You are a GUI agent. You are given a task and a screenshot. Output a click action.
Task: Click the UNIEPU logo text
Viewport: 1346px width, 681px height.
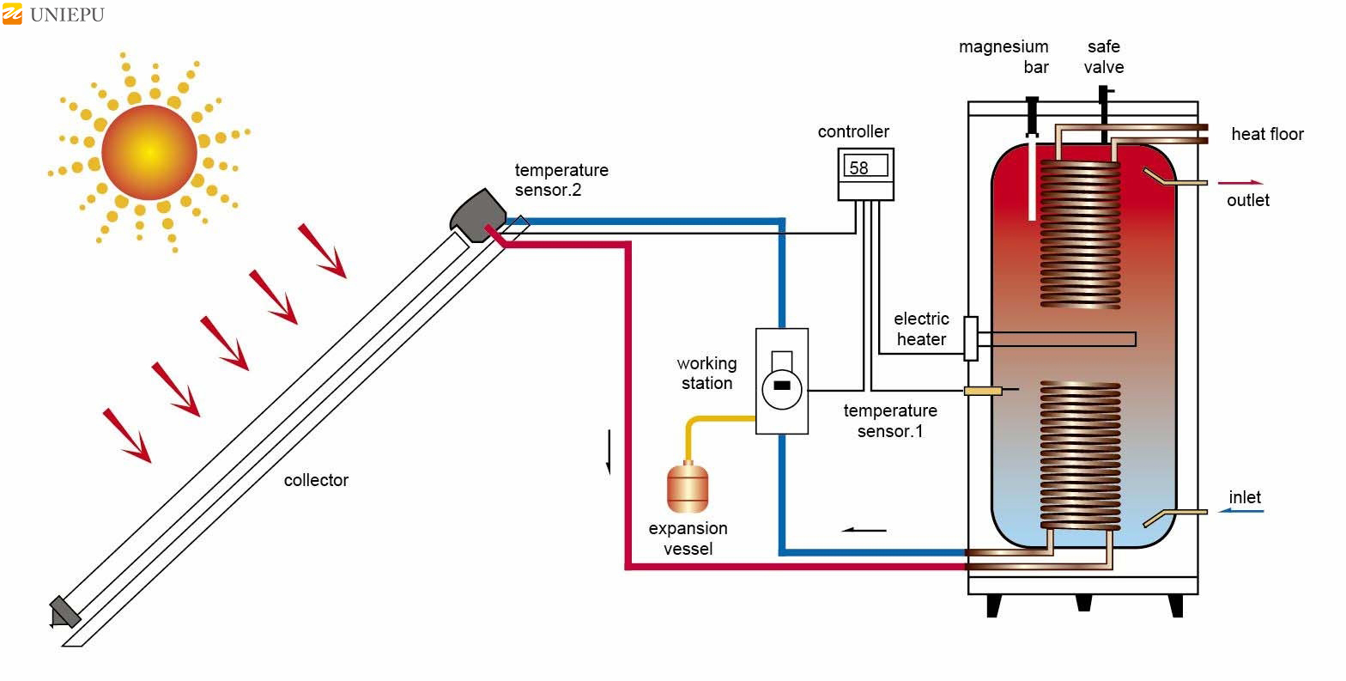tap(66, 15)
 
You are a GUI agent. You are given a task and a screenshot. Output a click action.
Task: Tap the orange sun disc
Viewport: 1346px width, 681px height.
tap(149, 152)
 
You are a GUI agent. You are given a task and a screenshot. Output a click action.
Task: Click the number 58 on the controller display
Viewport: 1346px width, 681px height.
tap(858, 168)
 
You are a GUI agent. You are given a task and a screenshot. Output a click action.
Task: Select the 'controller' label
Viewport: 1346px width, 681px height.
tap(853, 131)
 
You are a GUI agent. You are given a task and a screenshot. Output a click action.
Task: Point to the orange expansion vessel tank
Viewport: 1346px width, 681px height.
tap(688, 487)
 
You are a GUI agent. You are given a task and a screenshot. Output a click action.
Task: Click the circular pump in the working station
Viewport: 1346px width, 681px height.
tap(781, 386)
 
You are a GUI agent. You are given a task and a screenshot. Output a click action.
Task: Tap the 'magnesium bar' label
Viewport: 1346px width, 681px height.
tap(1003, 57)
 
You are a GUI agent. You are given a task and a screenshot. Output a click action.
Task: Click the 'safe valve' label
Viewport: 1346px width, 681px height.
tap(1103, 57)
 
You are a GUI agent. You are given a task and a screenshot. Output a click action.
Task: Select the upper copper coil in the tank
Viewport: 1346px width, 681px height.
tap(1080, 232)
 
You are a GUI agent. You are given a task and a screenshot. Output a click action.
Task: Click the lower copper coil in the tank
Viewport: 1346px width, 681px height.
tap(1080, 455)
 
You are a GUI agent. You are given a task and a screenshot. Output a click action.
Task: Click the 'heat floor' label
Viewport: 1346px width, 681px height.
tap(1267, 134)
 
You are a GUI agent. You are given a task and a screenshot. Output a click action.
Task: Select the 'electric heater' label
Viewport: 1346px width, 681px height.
tap(921, 329)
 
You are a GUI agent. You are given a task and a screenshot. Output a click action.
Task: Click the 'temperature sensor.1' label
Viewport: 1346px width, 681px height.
tap(890, 421)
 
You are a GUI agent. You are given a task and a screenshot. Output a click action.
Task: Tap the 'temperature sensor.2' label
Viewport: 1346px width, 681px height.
tap(561, 179)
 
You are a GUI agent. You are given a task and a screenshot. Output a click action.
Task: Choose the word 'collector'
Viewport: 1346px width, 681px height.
tap(316, 480)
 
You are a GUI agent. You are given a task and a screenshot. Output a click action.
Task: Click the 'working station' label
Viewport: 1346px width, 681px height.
tap(706, 374)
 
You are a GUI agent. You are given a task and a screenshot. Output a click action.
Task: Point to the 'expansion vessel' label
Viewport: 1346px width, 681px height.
tap(688, 538)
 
